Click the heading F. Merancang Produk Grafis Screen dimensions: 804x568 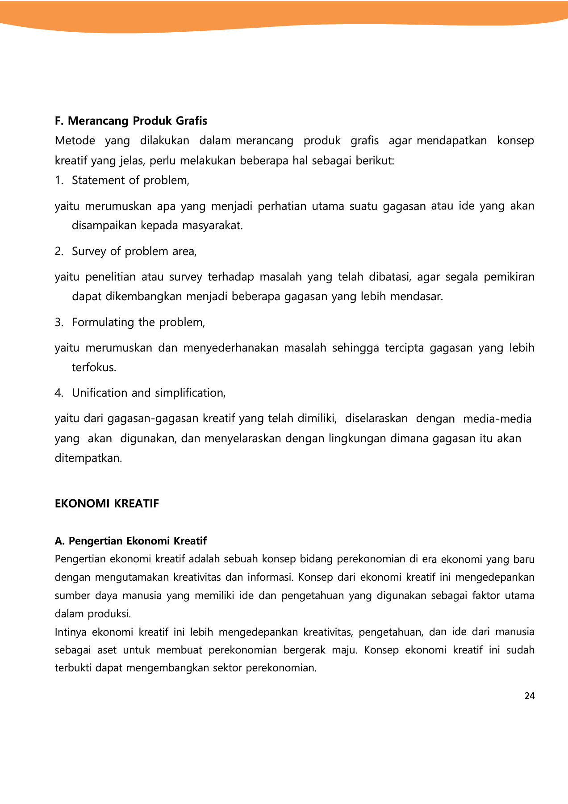click(x=131, y=121)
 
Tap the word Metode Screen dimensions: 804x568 click(x=75, y=141)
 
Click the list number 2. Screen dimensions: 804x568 click(x=59, y=251)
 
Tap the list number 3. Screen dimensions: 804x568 click(x=59, y=322)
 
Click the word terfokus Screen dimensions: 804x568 click(x=94, y=368)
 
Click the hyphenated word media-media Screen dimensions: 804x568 click(x=497, y=419)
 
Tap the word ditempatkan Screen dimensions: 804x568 click(x=88, y=458)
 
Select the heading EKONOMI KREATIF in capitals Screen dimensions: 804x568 click(x=107, y=504)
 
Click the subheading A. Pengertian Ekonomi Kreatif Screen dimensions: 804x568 click(x=130, y=541)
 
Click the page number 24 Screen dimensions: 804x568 click(x=530, y=696)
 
